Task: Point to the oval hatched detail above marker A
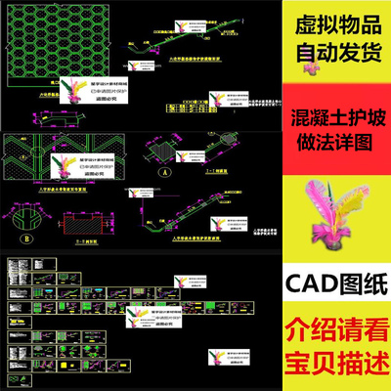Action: click(161, 150)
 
